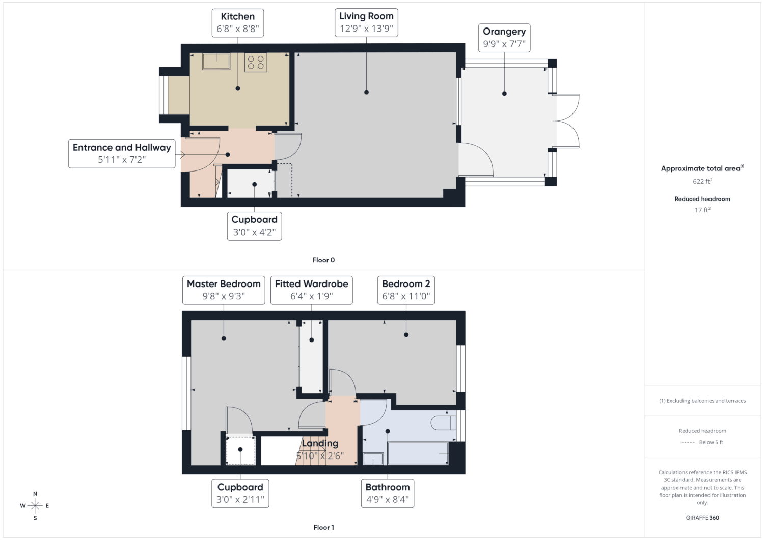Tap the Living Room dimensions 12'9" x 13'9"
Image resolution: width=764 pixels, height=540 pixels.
click(366, 29)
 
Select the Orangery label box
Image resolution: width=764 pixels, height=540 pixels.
click(504, 38)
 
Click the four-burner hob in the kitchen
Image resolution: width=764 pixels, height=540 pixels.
click(256, 63)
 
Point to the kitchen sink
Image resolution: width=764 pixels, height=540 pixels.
click(216, 62)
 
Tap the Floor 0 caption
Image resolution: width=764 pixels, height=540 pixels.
click(323, 260)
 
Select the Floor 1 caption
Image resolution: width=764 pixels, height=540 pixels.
click(323, 527)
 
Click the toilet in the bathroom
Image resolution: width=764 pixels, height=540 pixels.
click(444, 423)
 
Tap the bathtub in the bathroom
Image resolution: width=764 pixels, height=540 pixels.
click(418, 453)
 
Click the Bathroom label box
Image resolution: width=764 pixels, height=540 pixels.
click(388, 493)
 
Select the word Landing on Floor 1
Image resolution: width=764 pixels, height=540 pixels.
click(320, 443)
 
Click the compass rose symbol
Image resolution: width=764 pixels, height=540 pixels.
click(35, 505)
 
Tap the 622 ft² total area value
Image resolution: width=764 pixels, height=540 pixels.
click(702, 181)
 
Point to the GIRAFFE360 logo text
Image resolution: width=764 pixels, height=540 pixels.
click(702, 518)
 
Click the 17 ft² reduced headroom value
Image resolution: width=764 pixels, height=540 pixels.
click(702, 210)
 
